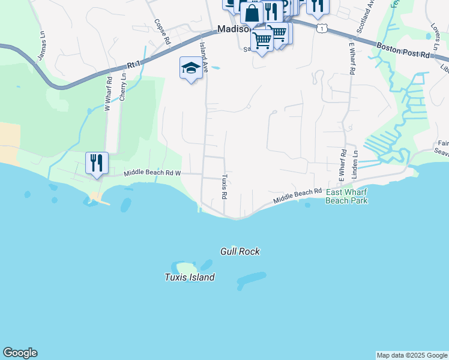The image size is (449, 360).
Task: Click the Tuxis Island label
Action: pos(190,277)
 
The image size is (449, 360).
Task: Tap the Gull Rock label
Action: pos(240,251)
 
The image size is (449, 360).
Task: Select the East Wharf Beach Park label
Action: pos(346,196)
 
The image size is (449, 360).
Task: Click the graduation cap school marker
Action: pos(191,68)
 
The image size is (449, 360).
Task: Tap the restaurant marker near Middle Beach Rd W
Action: pos(96,163)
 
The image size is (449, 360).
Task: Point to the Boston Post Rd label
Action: pos(404,50)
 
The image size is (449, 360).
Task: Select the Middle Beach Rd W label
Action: pos(152,173)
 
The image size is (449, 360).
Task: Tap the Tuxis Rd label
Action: pos(224,187)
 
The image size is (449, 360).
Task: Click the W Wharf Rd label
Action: pos(108,92)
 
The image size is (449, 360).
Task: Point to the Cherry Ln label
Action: pos(123,86)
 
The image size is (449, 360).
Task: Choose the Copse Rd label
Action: pos(160,31)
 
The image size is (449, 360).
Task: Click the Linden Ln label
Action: pos(355,162)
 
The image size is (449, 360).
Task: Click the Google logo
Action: pos(20,353)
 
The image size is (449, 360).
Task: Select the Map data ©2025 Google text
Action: pos(412,355)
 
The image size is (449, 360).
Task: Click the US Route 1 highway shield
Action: pos(323,28)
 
